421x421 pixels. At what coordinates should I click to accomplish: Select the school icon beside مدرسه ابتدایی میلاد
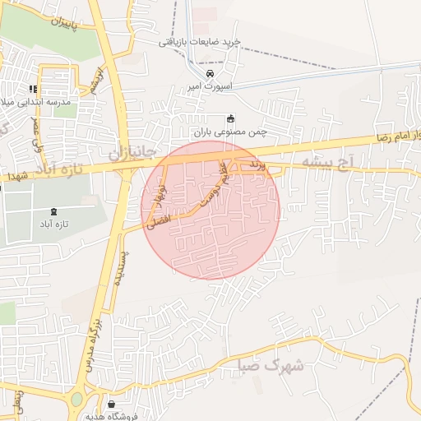(33, 89)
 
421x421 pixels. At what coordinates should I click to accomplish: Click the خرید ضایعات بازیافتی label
(200, 41)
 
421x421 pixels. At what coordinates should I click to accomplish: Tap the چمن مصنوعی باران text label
(231, 131)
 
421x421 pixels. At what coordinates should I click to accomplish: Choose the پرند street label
(258, 166)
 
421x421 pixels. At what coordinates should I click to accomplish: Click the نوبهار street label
(156, 195)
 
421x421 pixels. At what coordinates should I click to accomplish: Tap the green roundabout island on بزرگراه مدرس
(76, 400)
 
